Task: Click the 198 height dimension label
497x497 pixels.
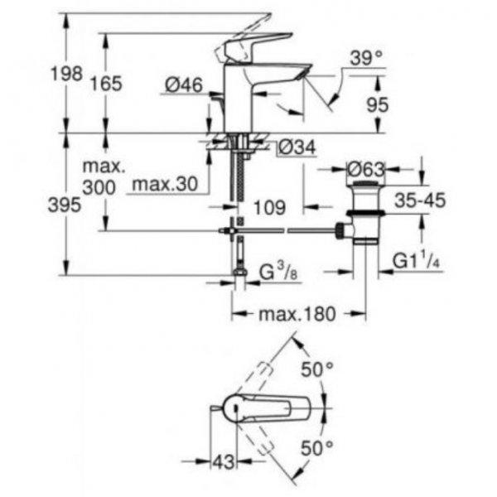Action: click(x=66, y=74)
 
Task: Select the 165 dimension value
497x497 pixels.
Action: click(x=106, y=84)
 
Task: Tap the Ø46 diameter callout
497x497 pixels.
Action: click(x=184, y=85)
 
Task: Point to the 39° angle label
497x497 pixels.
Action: click(x=366, y=58)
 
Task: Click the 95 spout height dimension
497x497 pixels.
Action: click(x=377, y=104)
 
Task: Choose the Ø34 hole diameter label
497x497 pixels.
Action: click(x=297, y=147)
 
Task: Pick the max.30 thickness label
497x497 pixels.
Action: click(x=165, y=184)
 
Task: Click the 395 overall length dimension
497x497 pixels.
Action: click(x=65, y=205)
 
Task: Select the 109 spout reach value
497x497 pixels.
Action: click(x=270, y=208)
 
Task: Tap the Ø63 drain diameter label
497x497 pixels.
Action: click(x=366, y=170)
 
